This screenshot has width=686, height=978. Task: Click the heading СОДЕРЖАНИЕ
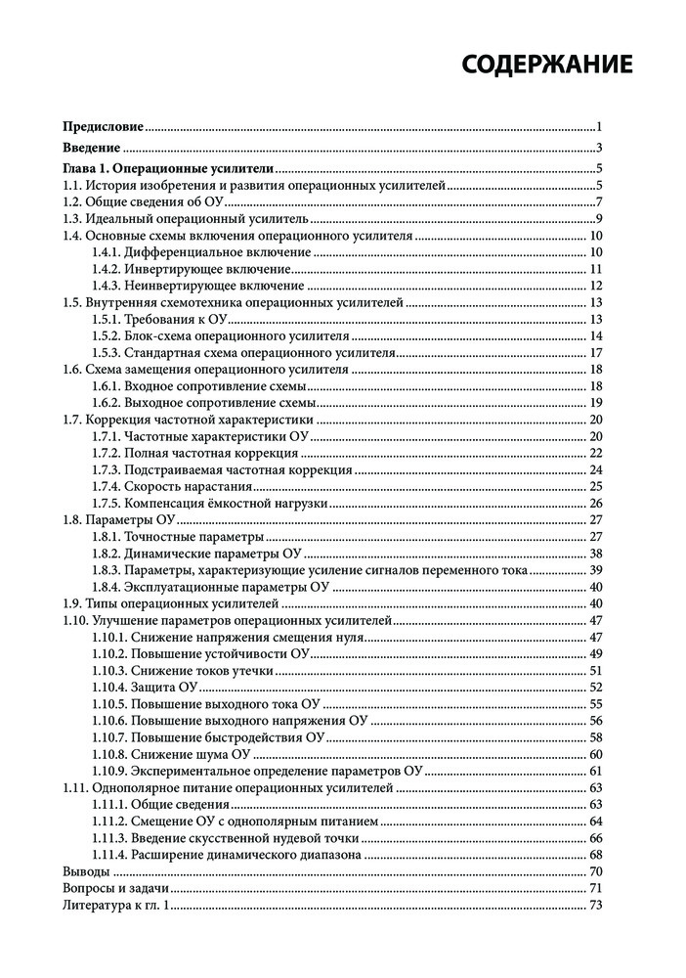[x=547, y=65]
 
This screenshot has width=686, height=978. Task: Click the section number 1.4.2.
[x=107, y=269]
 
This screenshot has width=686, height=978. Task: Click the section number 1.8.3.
[x=107, y=570]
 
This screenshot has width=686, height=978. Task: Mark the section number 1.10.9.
[x=110, y=772]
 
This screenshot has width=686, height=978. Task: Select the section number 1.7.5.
[x=107, y=503]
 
